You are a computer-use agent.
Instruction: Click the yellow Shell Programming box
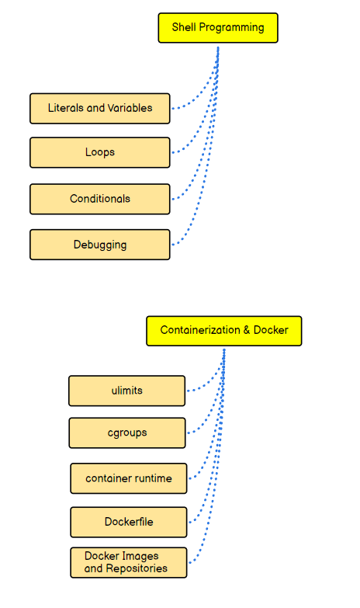click(x=218, y=28)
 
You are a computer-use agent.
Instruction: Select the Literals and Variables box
click(x=100, y=109)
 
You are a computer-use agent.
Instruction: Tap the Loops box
click(x=100, y=152)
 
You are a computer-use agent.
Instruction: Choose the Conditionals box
click(x=100, y=199)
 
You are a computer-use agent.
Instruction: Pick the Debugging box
click(x=100, y=245)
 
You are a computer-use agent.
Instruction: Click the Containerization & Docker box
click(x=224, y=331)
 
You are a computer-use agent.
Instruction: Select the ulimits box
click(x=127, y=391)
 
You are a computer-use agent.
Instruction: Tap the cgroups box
click(x=127, y=433)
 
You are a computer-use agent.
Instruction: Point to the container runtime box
click(x=129, y=478)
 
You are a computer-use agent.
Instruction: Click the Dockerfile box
click(x=129, y=522)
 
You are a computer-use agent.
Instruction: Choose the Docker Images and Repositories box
click(x=129, y=563)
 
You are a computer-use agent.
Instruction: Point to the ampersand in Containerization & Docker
click(x=247, y=330)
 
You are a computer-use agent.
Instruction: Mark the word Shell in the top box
click(x=184, y=27)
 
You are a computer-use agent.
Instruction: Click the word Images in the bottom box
click(x=141, y=557)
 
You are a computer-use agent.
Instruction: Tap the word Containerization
click(x=200, y=330)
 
